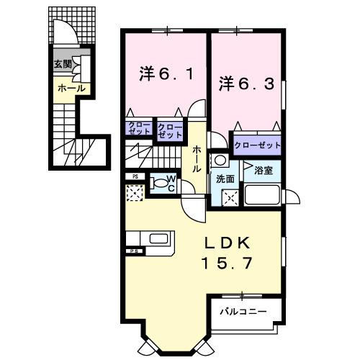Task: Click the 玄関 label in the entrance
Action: (x=62, y=64)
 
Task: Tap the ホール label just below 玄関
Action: (x=71, y=89)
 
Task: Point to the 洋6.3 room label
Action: (x=246, y=84)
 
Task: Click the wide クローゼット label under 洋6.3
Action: (x=257, y=145)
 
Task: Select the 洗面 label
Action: (x=221, y=179)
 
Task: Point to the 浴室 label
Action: (x=262, y=171)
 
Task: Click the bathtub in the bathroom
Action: (x=264, y=195)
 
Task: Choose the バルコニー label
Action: (x=243, y=312)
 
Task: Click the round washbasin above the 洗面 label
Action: (x=220, y=160)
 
